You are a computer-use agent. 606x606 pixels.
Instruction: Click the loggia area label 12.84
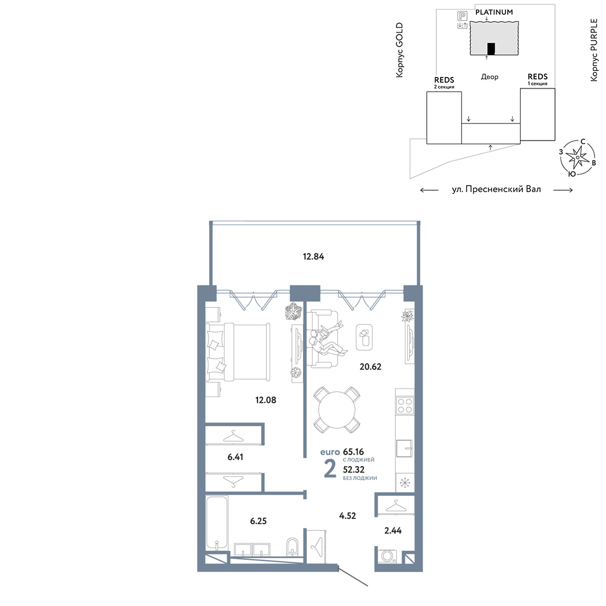click(x=313, y=256)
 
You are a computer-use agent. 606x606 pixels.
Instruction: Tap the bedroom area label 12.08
click(x=265, y=400)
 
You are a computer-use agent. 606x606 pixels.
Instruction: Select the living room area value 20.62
click(x=370, y=367)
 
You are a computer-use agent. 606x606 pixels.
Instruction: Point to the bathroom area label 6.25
click(x=258, y=521)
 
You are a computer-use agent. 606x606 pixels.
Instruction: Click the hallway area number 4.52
click(x=347, y=516)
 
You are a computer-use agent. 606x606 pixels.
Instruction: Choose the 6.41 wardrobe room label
click(x=235, y=457)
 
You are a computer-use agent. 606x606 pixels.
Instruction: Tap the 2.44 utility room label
click(x=393, y=531)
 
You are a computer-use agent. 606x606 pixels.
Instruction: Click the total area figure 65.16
click(x=353, y=451)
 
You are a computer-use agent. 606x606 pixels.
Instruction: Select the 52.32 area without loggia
click(x=354, y=470)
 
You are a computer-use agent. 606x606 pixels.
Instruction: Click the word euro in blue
click(x=330, y=452)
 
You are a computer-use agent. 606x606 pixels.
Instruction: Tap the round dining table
click(x=336, y=410)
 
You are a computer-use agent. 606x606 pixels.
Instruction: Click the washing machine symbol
click(x=387, y=556)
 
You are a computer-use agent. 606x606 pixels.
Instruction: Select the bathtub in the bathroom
click(x=216, y=523)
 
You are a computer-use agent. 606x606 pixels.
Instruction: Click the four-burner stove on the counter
click(x=405, y=405)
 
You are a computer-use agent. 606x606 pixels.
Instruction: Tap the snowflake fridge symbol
click(x=405, y=483)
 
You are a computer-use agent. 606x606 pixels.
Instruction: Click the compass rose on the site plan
click(x=578, y=157)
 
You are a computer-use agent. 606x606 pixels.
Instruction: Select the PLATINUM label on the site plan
click(x=494, y=12)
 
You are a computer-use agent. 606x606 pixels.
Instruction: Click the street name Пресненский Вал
click(x=504, y=189)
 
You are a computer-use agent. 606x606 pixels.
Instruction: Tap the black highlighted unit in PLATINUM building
click(x=491, y=48)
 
